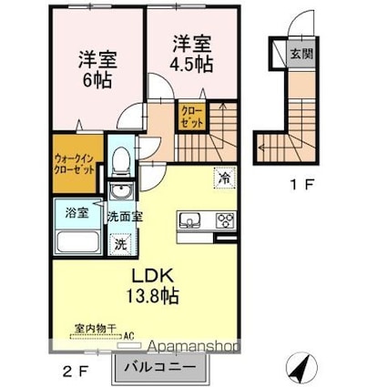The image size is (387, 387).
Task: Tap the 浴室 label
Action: [76, 215]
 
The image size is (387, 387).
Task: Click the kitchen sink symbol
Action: [191, 219]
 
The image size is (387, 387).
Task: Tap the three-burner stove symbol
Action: [224, 219]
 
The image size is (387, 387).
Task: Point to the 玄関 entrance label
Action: [300, 52]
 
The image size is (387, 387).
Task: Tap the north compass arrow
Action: [301, 368]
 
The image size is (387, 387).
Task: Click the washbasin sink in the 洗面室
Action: [119, 194]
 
